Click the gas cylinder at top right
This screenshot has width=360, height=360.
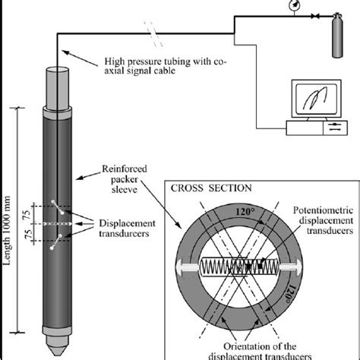tap(337, 36)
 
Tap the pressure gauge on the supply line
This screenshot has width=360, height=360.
tap(294, 5)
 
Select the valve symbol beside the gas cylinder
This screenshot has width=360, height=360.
tap(315, 17)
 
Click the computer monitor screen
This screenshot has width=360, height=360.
tap(316, 99)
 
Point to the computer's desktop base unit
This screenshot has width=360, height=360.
tap(317, 128)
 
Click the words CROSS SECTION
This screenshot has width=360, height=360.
tap(211, 188)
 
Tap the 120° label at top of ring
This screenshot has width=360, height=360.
tap(245, 211)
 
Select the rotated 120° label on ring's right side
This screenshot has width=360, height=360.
tap(291, 294)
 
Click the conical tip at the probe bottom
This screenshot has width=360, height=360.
tap(57, 346)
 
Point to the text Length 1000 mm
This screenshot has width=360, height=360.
tap(7, 230)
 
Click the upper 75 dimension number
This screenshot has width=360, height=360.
tap(27, 215)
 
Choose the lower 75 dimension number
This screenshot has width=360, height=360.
tap(29, 234)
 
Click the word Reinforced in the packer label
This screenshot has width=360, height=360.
tap(125, 169)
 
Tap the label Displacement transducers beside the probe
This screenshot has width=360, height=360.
tap(127, 228)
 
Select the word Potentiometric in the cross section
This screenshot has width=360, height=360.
tap(323, 210)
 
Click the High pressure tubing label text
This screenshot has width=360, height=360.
tap(166, 66)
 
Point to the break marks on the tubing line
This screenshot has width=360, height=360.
tap(153, 34)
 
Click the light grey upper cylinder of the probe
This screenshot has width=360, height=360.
tap(57, 88)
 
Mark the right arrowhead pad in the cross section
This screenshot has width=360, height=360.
tap(291, 266)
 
